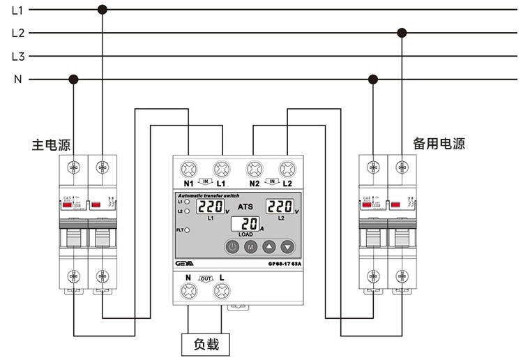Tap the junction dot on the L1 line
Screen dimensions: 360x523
[103, 10]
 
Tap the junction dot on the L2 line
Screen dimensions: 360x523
[401, 33]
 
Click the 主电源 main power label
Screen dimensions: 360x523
[51, 144]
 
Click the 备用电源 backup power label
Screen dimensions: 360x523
[439, 144]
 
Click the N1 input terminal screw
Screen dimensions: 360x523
[188, 168]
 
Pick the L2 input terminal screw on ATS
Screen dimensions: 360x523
[286, 168]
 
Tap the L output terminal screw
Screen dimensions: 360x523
[222, 294]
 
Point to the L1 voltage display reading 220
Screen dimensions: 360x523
[210, 207]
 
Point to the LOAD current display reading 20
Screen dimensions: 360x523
[245, 225]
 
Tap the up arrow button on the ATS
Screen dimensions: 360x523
[269, 246]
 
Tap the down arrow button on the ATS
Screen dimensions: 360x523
[287, 246]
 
